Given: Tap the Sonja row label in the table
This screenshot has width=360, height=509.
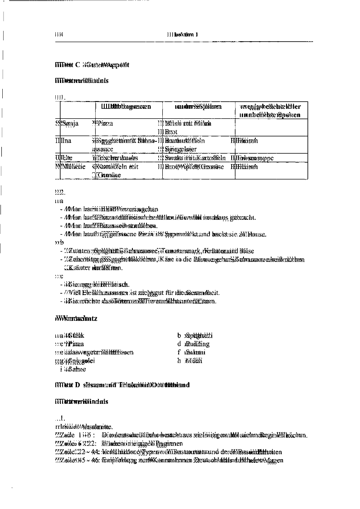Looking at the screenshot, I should (x=67, y=123).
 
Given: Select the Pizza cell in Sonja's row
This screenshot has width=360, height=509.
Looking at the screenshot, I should (x=103, y=123).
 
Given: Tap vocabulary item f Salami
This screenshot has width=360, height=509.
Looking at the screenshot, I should (x=192, y=353).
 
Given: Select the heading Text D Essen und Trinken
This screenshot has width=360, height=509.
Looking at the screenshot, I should (x=120, y=385).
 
